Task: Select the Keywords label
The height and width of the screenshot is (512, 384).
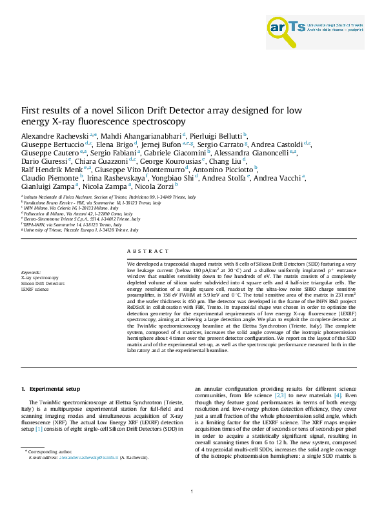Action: click(31, 291)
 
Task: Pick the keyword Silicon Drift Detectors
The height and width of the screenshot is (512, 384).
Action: click(43, 302)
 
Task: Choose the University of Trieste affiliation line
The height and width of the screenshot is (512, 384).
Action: click(81, 230)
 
